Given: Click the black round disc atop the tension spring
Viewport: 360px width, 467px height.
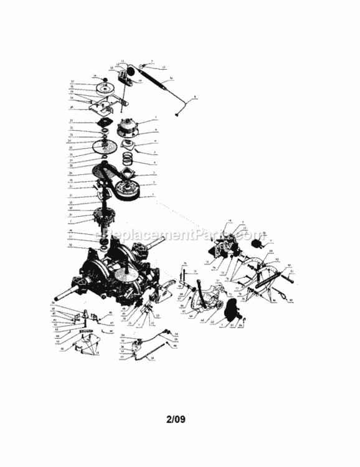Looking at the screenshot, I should coord(144,64).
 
